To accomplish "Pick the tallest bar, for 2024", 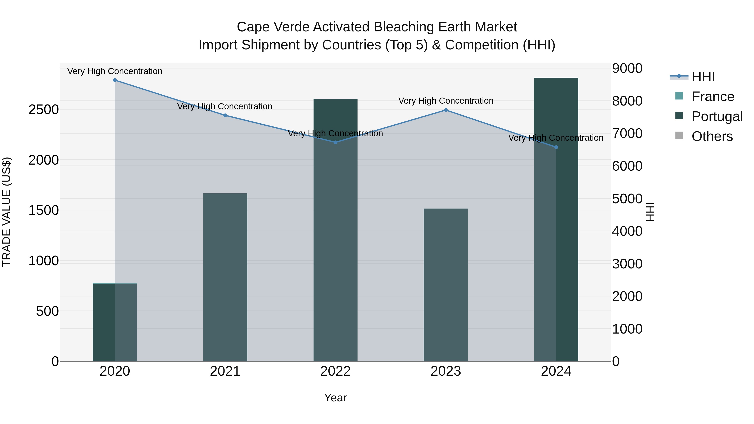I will click(556, 219).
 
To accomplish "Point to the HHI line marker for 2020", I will click(115, 80).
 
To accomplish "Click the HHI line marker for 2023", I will click(446, 110).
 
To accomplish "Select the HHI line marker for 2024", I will click(556, 147).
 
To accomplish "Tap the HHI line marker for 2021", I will click(225, 115).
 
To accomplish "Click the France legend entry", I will click(713, 97).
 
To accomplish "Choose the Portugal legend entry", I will click(717, 116).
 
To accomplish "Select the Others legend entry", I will click(712, 136).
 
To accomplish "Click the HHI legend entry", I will click(703, 77).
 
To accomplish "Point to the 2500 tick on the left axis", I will click(44, 110).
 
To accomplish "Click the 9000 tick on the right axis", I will click(627, 68).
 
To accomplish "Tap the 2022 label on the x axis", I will click(336, 371).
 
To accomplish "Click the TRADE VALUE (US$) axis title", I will click(6, 212).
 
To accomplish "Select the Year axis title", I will click(336, 398).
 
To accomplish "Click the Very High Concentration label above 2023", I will click(446, 101).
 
